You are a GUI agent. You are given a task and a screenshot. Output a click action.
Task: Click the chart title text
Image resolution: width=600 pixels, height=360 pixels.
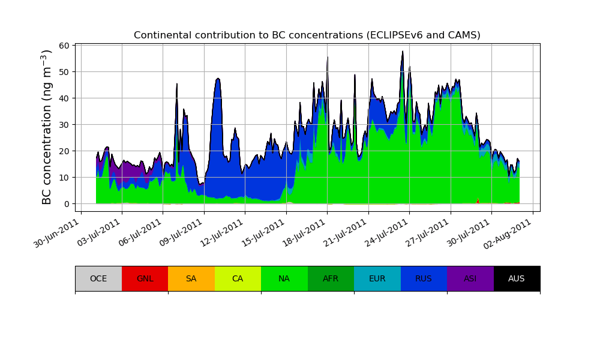click(307, 35)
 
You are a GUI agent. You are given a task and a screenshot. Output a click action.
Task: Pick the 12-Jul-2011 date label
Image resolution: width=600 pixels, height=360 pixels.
click(221, 234)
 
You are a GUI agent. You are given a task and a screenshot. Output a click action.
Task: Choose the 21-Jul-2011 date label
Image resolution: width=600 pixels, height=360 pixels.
click(344, 234)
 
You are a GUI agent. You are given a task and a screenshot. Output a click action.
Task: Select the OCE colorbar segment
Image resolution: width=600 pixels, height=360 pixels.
click(98, 278)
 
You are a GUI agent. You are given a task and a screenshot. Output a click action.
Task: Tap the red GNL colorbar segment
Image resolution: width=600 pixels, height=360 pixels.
click(145, 278)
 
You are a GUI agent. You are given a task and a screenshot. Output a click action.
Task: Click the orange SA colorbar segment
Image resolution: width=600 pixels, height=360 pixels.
click(191, 278)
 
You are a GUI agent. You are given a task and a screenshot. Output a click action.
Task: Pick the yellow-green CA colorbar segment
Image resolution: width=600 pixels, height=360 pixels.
click(238, 278)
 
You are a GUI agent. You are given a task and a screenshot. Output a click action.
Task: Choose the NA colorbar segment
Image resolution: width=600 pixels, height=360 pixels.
click(284, 278)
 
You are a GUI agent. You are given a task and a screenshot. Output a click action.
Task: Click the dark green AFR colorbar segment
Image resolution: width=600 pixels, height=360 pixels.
click(331, 278)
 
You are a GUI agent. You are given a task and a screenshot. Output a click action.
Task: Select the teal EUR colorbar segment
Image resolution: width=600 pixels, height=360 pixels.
click(377, 278)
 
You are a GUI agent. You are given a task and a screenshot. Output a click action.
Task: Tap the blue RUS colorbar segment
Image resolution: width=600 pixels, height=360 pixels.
click(424, 278)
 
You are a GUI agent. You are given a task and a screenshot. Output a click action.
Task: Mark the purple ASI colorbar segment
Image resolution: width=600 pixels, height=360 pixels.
click(470, 278)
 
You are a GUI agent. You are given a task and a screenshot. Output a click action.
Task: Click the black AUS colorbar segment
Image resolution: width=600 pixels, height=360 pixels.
click(517, 278)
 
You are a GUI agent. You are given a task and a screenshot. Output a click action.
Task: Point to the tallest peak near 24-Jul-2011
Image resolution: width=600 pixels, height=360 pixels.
click(403, 52)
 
